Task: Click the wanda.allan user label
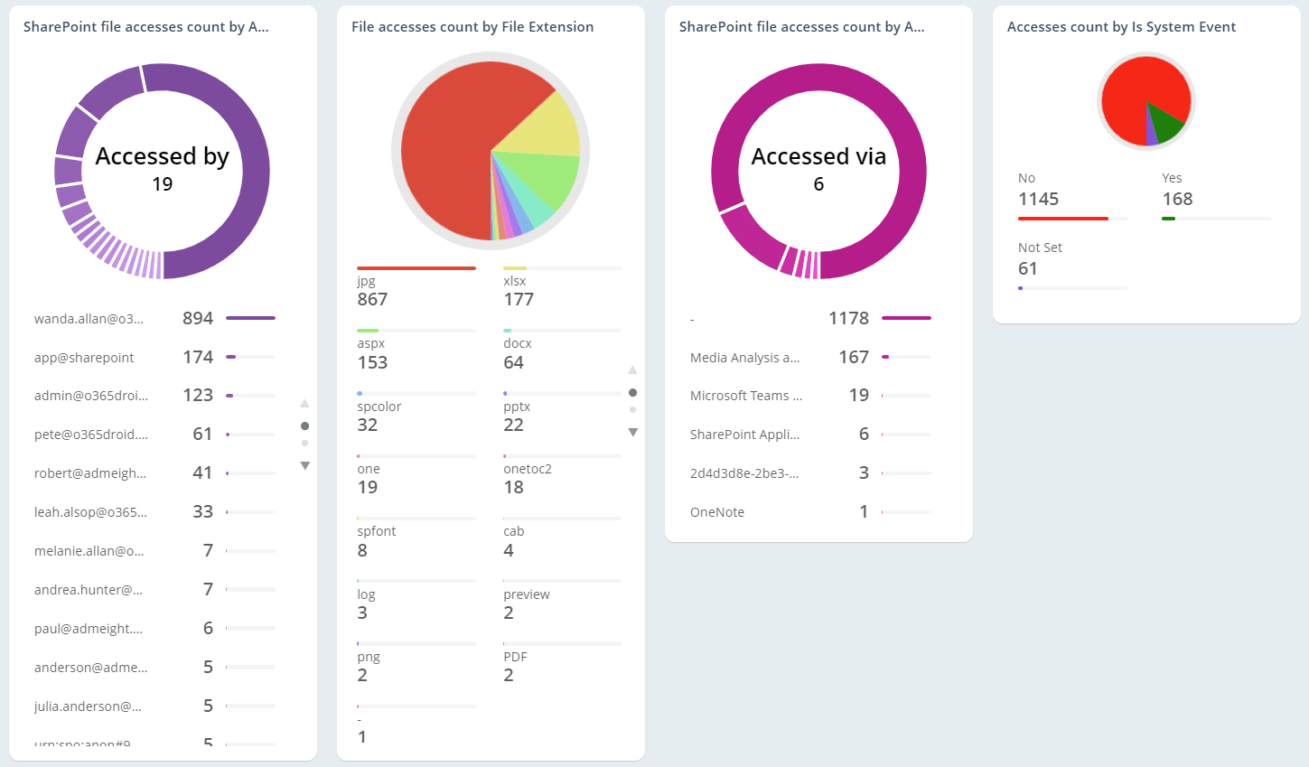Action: click(x=89, y=319)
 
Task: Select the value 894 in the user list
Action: click(x=198, y=318)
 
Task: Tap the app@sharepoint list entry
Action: click(x=84, y=358)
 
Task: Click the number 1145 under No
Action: click(x=1038, y=200)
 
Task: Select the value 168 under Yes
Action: click(x=1177, y=200)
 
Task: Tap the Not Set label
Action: click(x=1040, y=248)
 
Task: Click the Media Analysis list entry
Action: click(x=744, y=358)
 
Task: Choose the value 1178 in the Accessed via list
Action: click(x=848, y=318)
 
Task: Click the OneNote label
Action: click(x=717, y=512)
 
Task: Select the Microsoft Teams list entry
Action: click(x=745, y=396)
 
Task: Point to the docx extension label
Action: click(x=518, y=343)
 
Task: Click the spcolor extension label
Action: click(x=379, y=407)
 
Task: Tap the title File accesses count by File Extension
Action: click(x=472, y=27)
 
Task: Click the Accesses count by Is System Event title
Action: click(x=1121, y=27)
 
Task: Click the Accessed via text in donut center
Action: click(x=818, y=156)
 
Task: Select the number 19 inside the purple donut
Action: click(x=163, y=184)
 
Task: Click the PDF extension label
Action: click(x=515, y=657)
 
